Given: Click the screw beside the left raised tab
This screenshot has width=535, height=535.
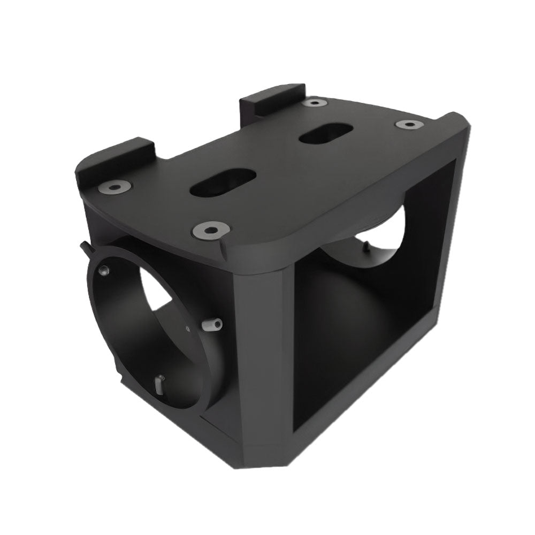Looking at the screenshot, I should click(x=116, y=187).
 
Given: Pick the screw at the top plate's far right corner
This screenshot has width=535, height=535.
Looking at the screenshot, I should click(x=409, y=124).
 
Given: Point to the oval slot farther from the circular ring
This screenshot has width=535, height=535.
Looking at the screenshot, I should click(x=325, y=134).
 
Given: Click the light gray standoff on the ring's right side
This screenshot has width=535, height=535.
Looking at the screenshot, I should click(x=213, y=324).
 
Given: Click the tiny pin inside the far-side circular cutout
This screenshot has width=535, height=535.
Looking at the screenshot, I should click(x=366, y=246).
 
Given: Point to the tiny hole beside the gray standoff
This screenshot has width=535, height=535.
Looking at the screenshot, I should click(x=187, y=324).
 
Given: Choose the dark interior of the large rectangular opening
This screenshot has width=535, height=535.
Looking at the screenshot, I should click(x=364, y=321).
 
